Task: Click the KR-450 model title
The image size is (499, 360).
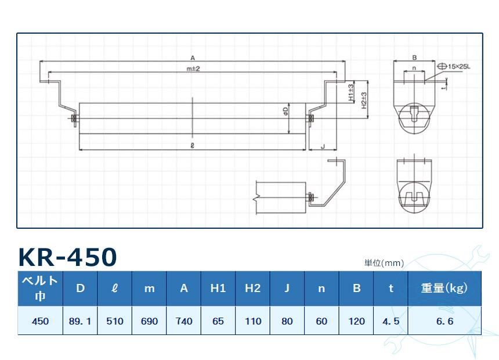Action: [67, 257]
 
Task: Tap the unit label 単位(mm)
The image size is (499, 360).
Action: [384, 263]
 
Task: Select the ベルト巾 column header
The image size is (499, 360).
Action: [40, 288]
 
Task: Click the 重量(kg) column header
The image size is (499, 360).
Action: [444, 288]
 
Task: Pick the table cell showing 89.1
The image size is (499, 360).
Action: [80, 321]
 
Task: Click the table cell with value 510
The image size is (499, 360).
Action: [115, 321]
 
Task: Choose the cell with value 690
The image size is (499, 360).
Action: [149, 321]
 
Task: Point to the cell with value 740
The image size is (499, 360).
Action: [183, 321]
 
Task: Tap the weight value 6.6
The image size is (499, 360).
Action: [444, 321]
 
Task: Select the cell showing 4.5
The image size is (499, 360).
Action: [391, 321]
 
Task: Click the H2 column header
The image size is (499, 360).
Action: [252, 288]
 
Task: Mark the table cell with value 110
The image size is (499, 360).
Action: [252, 321]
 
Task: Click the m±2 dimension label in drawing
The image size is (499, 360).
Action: [193, 69]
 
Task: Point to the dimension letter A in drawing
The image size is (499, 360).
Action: [192, 57]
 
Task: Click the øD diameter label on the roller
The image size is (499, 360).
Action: [285, 110]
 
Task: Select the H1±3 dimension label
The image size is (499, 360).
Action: [352, 93]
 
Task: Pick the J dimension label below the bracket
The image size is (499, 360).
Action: [323, 147]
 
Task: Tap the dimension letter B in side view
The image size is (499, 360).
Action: [414, 57]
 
